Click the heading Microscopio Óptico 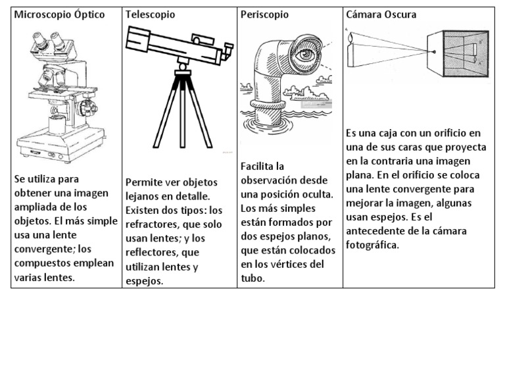(59, 14)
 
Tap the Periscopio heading (264, 14)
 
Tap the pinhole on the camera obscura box (435, 52)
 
